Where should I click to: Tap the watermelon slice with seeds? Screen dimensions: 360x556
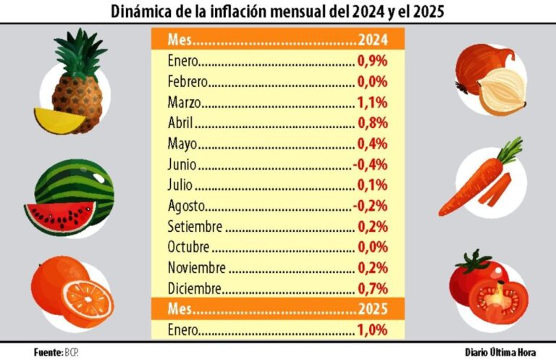tap(60, 216)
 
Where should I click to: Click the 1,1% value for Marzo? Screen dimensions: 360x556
tap(372, 103)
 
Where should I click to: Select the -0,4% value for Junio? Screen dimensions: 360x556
tap(370, 164)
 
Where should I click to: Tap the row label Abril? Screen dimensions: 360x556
tap(180, 123)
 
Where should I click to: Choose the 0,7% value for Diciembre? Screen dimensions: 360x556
tap(372, 288)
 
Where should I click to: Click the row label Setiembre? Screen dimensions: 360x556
tap(194, 226)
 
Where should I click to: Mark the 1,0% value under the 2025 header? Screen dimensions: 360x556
tap(372, 330)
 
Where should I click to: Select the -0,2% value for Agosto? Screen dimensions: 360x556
tap(370, 206)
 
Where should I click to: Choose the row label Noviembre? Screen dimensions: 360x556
tap(196, 267)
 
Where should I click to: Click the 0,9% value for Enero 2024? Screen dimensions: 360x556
tap(372, 62)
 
